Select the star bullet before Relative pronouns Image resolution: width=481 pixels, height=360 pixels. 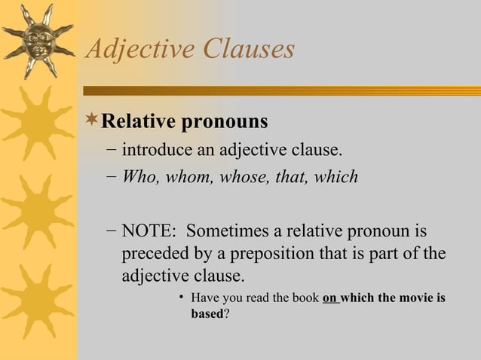(92, 121)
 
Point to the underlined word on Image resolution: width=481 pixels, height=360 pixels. (329, 298)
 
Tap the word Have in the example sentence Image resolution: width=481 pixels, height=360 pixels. (206, 298)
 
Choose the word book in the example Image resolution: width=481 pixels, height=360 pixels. (305, 298)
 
